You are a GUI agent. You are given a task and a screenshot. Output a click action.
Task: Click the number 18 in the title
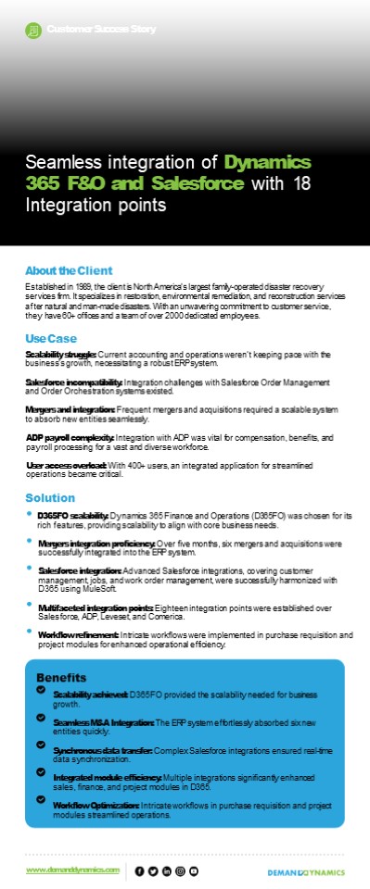click(302, 183)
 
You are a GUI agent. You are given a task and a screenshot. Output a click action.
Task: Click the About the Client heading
click(69, 270)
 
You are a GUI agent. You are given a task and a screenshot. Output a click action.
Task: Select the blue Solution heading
click(50, 498)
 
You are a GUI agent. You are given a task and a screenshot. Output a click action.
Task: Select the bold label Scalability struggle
click(61, 355)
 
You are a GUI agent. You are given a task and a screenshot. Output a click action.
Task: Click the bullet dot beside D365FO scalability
click(30, 513)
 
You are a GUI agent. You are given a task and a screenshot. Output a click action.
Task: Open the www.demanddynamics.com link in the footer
click(73, 870)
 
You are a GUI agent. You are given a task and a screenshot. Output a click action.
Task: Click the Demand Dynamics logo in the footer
click(305, 871)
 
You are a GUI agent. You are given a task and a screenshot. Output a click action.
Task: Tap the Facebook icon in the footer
click(140, 870)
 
